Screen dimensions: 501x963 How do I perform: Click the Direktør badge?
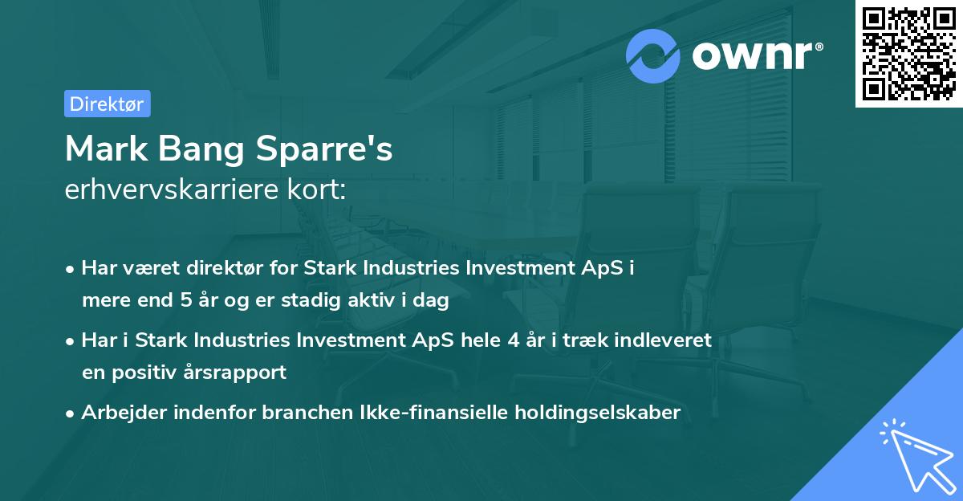(x=107, y=104)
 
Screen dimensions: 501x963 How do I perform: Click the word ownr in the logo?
(x=755, y=55)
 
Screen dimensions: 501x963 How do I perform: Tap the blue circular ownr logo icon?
(x=653, y=55)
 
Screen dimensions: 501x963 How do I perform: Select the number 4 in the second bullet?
(x=512, y=340)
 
